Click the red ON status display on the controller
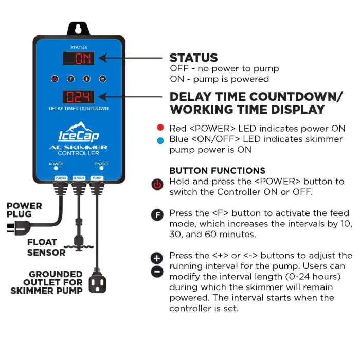[x=79, y=58]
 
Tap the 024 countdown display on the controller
[x=79, y=96]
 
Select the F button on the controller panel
[x=70, y=79]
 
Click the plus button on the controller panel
[x=86, y=79]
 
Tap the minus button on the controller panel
[x=102, y=79]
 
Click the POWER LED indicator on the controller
[x=56, y=168]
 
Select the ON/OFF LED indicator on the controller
[x=101, y=168]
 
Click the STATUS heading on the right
[x=193, y=58]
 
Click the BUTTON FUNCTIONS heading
[x=217, y=171]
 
